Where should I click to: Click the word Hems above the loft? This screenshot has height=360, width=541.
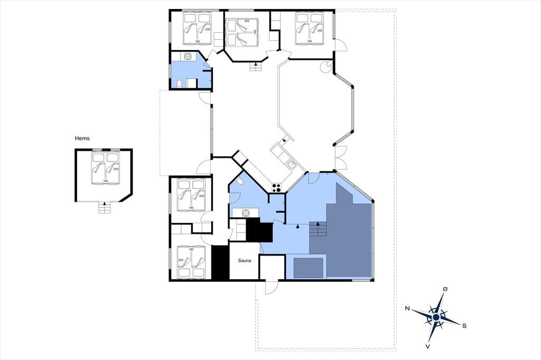point(82,138)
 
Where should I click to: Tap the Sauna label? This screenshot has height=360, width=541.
point(244,261)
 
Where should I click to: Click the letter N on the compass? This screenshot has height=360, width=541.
point(407,308)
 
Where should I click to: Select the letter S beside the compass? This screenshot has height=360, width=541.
point(464,326)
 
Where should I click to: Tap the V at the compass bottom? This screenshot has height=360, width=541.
point(428,346)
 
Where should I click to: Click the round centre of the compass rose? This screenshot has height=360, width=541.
point(436,317)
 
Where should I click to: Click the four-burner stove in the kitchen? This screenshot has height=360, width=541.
point(276,187)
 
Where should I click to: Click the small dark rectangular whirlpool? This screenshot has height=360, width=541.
point(308,268)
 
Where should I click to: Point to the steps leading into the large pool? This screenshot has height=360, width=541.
point(318,229)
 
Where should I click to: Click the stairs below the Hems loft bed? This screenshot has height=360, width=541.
point(105,207)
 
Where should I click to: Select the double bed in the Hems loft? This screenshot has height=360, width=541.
point(105,168)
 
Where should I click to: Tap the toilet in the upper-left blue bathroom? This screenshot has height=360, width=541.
point(180,83)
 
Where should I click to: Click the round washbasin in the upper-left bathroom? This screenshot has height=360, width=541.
point(188,56)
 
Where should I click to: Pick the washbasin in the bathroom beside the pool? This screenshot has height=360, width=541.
point(246,213)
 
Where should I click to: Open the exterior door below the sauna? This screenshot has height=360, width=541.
point(272,287)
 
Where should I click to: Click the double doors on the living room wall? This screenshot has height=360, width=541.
point(341,158)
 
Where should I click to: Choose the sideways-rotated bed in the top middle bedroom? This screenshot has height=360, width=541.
point(242,32)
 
